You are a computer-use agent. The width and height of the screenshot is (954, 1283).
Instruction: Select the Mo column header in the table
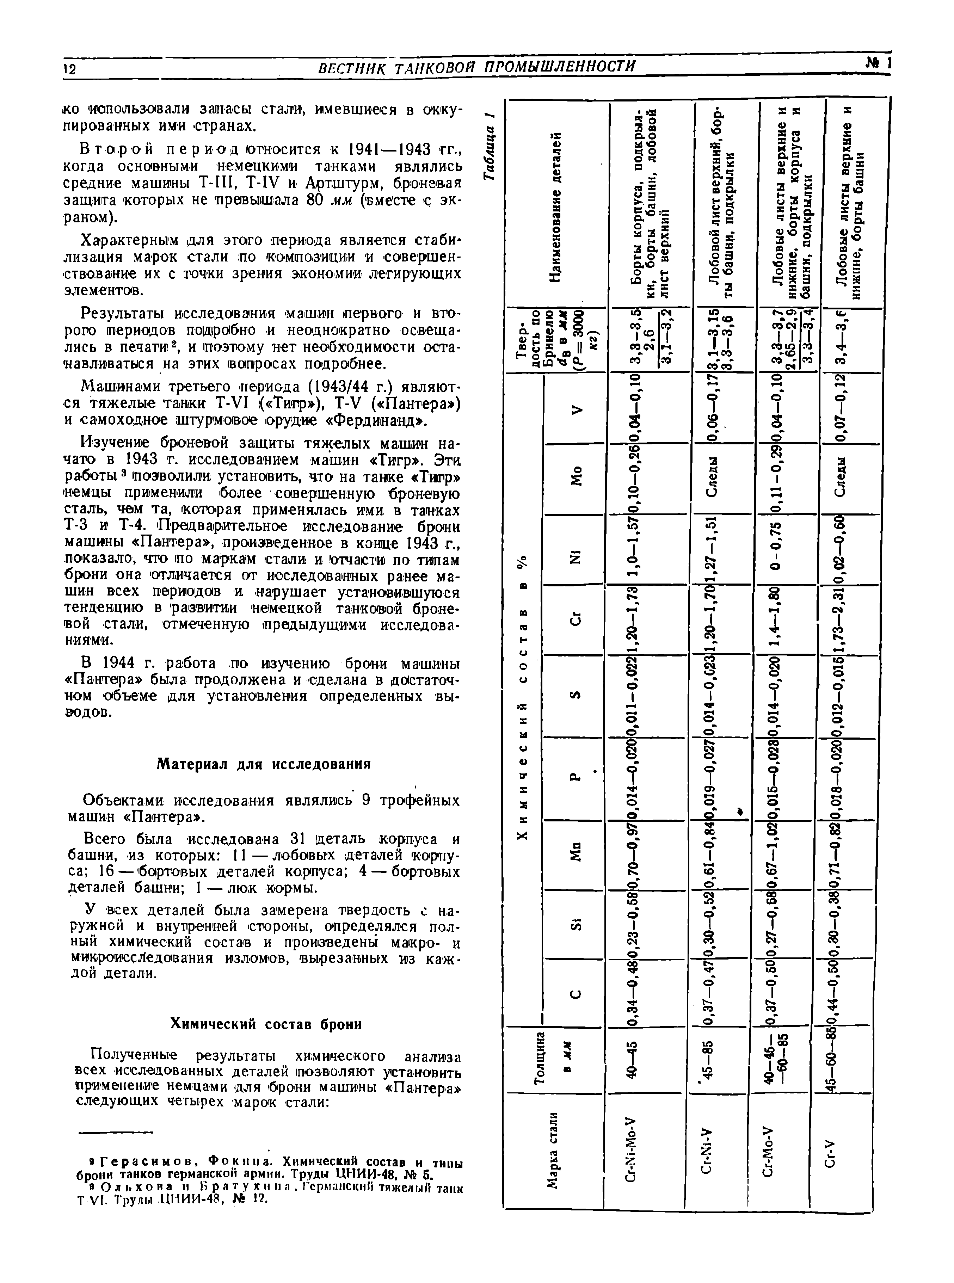pos(576,481)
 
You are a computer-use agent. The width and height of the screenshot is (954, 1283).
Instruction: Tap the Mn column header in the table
pos(576,853)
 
